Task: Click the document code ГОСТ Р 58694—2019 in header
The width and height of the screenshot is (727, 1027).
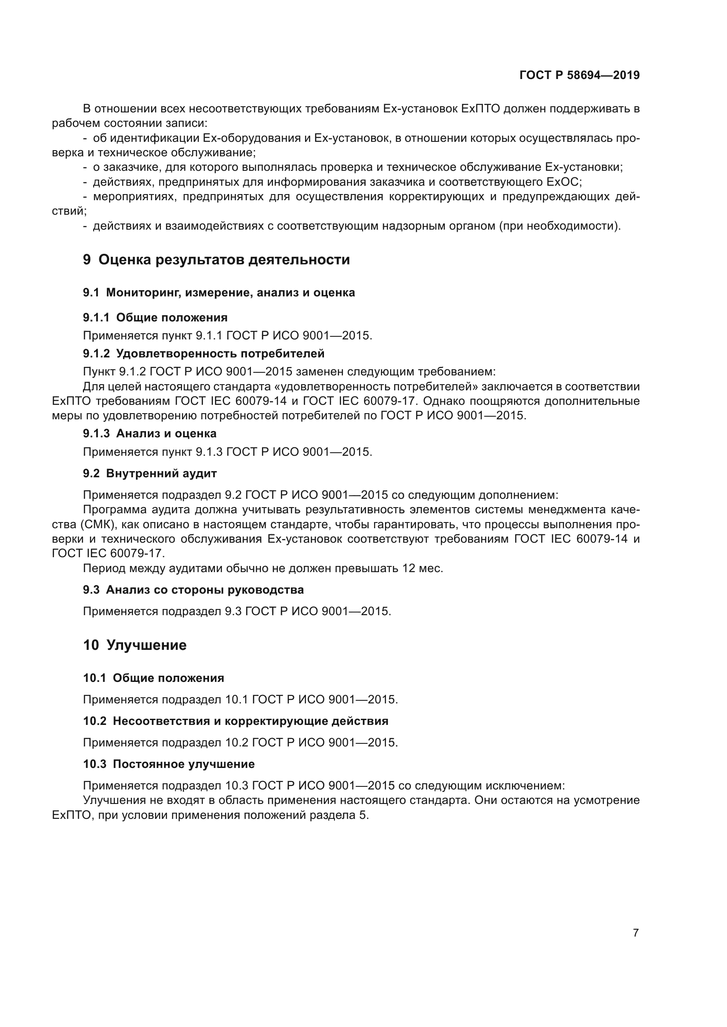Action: (x=579, y=76)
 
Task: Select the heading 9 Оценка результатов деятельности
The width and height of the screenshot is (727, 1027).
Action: (x=216, y=259)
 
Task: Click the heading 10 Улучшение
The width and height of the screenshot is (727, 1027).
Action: (x=135, y=645)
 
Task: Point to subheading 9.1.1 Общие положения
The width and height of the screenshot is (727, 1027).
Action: (x=155, y=317)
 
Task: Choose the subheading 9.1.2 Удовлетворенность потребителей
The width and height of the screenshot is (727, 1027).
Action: (x=203, y=353)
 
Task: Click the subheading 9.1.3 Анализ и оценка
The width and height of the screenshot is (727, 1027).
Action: (x=149, y=433)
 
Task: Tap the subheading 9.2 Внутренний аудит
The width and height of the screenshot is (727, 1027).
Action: (x=149, y=473)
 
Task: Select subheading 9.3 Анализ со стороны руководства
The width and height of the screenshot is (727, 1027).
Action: (x=193, y=590)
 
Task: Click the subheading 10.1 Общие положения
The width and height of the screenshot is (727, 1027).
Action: (x=153, y=678)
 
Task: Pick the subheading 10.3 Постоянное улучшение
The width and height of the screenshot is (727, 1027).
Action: (x=169, y=764)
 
